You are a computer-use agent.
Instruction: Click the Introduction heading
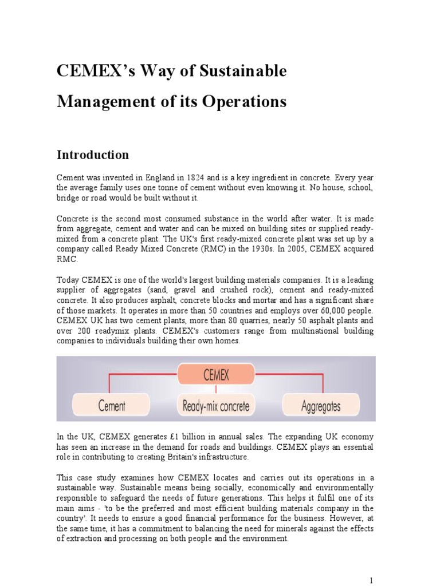point(92,155)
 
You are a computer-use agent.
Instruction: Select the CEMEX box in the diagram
point(216,375)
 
